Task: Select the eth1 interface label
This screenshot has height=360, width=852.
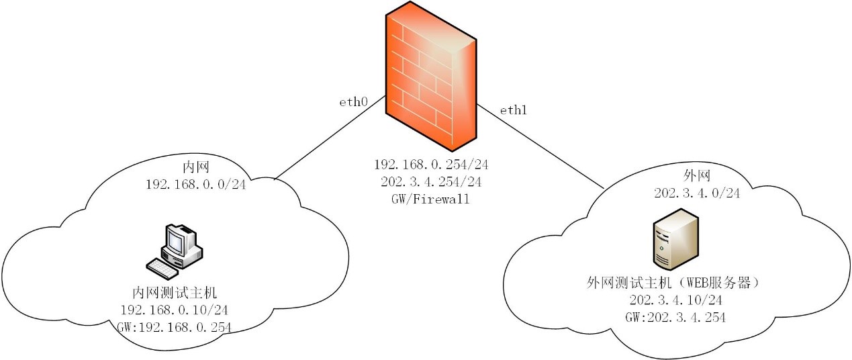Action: tap(513, 110)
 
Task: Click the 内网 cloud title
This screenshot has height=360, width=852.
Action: tap(196, 167)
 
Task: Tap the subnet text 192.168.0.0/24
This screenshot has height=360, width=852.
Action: tap(196, 183)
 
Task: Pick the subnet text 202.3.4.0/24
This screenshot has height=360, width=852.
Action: tap(697, 193)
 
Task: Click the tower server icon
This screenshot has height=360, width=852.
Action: tap(675, 238)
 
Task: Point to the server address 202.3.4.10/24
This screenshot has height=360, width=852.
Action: tap(676, 300)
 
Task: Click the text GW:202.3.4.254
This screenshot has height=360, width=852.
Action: tap(676, 317)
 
